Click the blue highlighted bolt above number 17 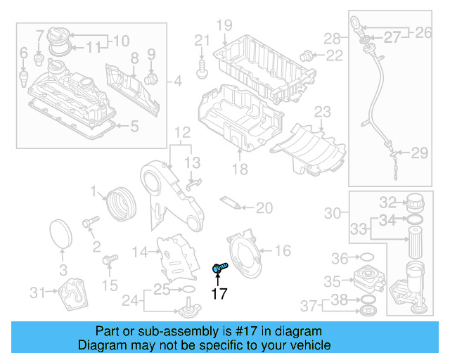219,267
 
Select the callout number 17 219,293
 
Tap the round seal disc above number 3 62,234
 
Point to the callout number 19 224,26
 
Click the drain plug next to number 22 307,56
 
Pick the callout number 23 322,111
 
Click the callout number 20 264,207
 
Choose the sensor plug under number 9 150,76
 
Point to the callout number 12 182,131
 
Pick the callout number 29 419,153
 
